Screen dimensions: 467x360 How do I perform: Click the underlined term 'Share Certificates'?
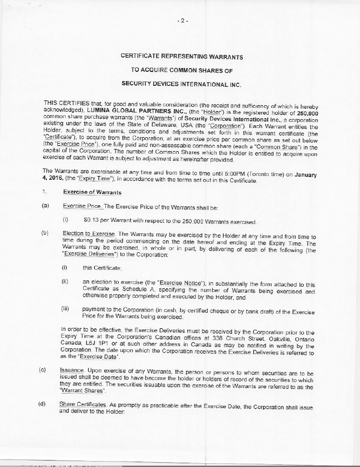coord(81,404)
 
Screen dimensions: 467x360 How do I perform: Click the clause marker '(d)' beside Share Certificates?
coord(42,404)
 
